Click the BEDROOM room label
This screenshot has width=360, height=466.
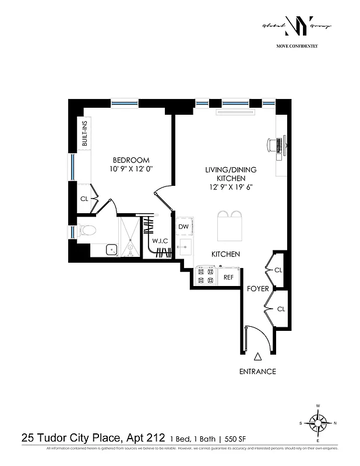[131, 160]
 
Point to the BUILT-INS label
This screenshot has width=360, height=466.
[84, 133]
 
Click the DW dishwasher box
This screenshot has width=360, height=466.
[183, 227]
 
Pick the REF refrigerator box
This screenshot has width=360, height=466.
[228, 278]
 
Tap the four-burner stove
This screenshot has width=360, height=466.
[206, 276]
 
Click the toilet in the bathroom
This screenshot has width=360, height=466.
[86, 230]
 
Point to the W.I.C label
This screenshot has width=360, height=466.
[160, 241]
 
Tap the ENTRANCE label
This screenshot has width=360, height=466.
[257, 372]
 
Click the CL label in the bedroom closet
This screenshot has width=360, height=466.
[84, 199]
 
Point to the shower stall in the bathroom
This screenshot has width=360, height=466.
[130, 236]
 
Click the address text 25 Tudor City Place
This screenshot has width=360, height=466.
[63, 437]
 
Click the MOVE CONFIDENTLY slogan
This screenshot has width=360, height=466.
[297, 45]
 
